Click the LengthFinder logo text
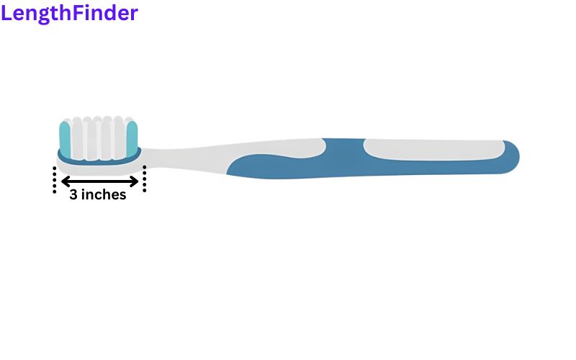click(69, 14)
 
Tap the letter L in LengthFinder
click(6, 12)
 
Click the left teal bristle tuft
click(65, 139)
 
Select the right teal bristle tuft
click(132, 138)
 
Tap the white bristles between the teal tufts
click(99, 138)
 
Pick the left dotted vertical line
click(55, 179)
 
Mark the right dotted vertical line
click(145, 179)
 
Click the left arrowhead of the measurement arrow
click(65, 181)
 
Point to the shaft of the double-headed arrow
click(99, 181)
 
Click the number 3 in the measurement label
click(73, 194)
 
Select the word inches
click(104, 194)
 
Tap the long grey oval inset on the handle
click(434, 150)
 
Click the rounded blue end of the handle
click(511, 157)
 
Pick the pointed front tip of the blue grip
click(228, 173)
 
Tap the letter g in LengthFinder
click(44, 15)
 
